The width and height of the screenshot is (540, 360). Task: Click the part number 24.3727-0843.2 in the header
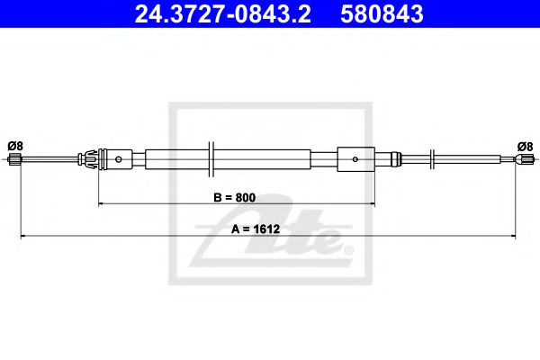[214, 14]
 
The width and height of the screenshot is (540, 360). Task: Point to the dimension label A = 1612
[261, 228]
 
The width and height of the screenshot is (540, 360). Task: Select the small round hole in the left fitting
[120, 160]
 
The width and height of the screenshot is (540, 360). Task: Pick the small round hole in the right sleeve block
[356, 160]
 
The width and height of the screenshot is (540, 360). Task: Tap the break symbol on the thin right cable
[436, 160]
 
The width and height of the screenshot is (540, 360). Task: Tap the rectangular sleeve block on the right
[355, 160]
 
